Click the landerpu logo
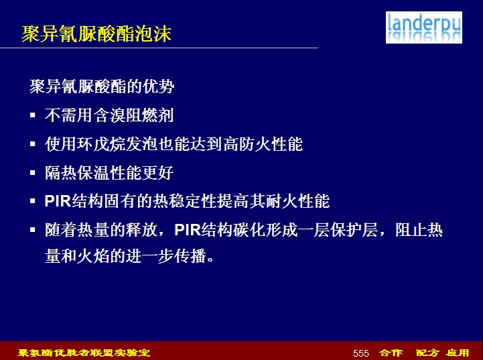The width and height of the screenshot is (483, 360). click(x=424, y=27)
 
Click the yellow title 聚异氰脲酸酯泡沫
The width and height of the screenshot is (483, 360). click(x=96, y=34)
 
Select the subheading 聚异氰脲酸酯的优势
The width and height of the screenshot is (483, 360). click(x=102, y=86)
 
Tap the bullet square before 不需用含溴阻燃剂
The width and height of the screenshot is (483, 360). click(x=33, y=115)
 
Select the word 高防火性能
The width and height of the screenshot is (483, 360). click(x=263, y=144)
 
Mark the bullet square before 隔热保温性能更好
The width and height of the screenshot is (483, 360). click(x=33, y=172)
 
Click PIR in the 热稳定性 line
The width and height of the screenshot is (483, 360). click(x=58, y=201)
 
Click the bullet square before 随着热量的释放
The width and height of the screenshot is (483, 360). click(x=33, y=230)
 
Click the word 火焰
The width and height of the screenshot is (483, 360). click(x=93, y=256)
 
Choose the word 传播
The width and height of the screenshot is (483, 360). click(x=190, y=256)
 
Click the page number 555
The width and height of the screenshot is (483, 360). click(x=361, y=353)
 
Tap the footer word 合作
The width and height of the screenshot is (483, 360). click(x=391, y=353)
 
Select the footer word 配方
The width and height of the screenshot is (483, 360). click(x=427, y=353)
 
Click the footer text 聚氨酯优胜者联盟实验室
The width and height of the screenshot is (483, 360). click(x=84, y=353)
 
